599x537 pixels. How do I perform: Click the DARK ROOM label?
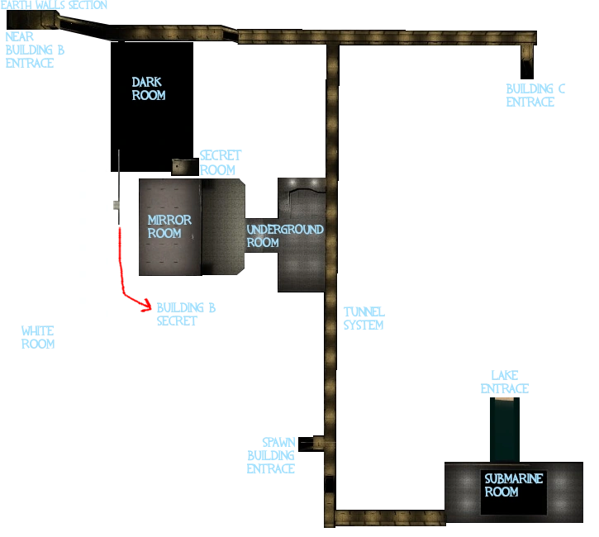click(x=149, y=88)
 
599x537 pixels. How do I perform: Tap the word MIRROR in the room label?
click(x=169, y=220)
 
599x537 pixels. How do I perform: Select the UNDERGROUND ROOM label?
click(x=285, y=235)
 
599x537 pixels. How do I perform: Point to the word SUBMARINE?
click(x=513, y=478)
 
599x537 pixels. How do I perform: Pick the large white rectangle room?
click(x=55, y=244)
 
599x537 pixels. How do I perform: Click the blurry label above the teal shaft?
click(x=503, y=382)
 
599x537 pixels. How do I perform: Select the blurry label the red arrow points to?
click(x=186, y=314)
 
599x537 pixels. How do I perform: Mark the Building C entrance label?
click(x=535, y=95)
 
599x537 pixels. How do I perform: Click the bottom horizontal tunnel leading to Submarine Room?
click(x=388, y=518)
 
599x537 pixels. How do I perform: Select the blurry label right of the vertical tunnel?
click(x=364, y=318)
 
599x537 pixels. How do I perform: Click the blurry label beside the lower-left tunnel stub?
click(x=271, y=456)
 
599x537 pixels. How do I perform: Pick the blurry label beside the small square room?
click(x=221, y=162)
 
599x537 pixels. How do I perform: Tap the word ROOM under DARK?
click(x=149, y=95)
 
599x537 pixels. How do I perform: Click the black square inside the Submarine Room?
click(x=513, y=492)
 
